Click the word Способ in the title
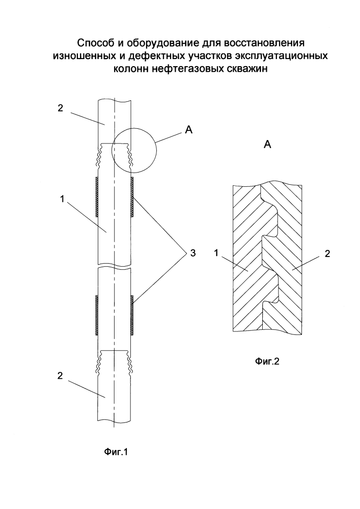pos(94,43)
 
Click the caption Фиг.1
pos(116,451)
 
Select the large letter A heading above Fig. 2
pos(267,145)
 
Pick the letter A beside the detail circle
pos(188,130)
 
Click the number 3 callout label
pos(193,253)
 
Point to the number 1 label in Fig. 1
pos(62,199)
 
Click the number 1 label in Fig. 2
pos(216,253)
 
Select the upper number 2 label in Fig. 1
pos(60,108)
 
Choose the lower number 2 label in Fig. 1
pos(60,376)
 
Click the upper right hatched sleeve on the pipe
pos(132,197)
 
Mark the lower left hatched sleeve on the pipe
pos(96,315)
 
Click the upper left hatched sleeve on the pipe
pos(96,197)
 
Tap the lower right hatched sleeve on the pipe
pos(132,315)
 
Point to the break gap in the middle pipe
pos(115,266)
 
